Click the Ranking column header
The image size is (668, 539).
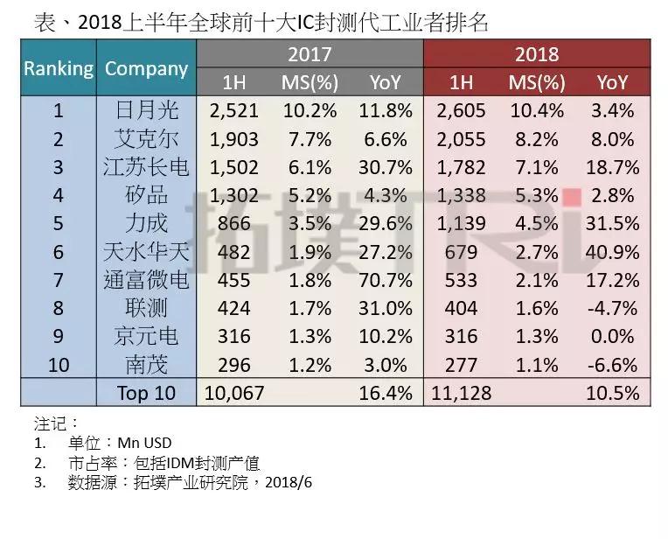click(59, 68)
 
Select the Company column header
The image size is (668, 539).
click(146, 68)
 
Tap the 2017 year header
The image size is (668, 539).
click(310, 54)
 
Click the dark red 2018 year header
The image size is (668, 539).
click(537, 54)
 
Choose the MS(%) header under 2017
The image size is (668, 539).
click(307, 83)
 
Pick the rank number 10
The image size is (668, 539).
click(59, 365)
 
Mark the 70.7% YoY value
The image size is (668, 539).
click(384, 281)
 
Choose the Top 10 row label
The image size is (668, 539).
click(146, 393)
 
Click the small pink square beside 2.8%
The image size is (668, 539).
click(573, 196)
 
